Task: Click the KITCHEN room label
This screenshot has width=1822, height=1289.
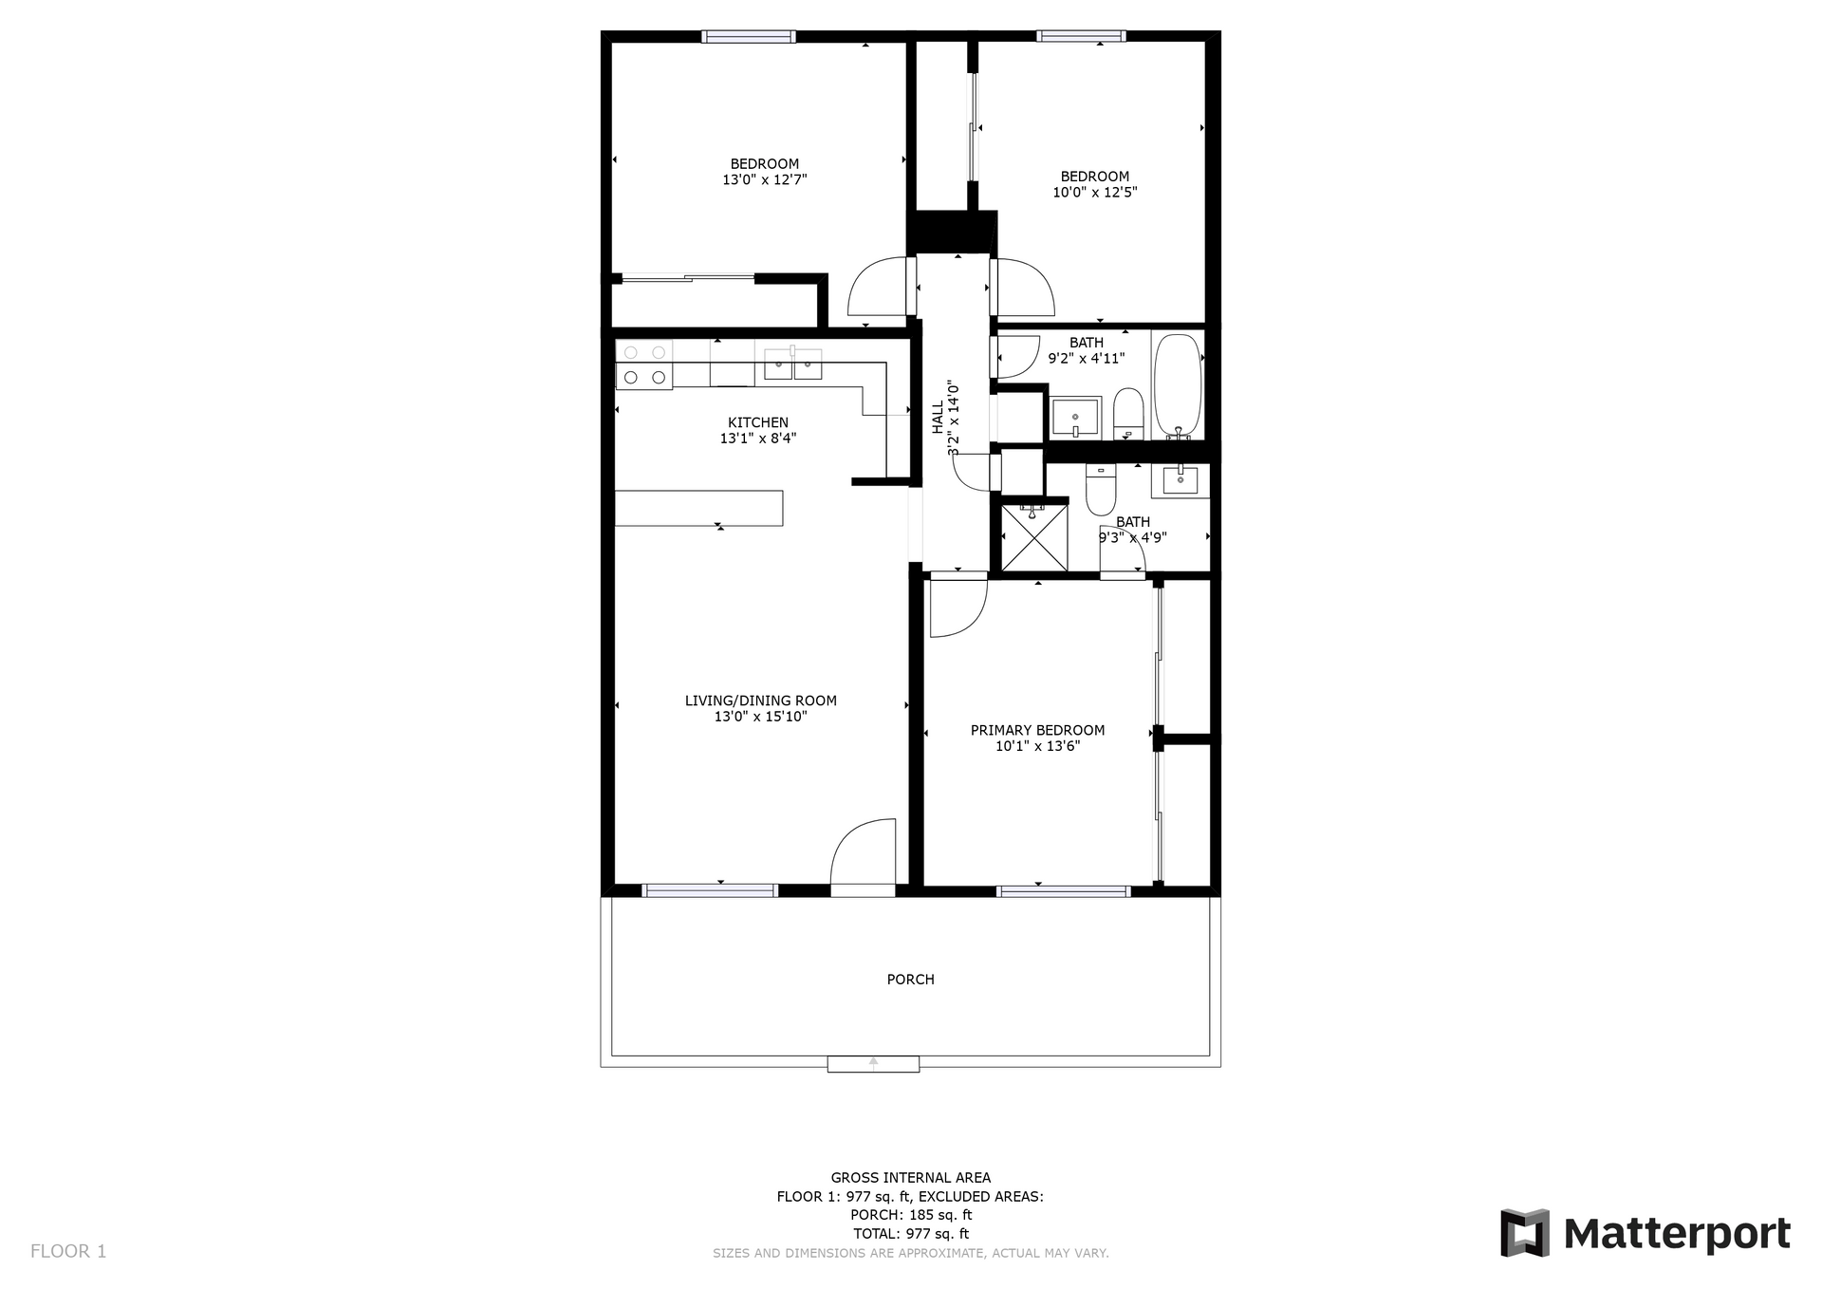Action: point(757,422)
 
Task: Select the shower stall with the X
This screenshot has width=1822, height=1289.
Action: point(1034,538)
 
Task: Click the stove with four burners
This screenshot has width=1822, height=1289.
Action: point(644,364)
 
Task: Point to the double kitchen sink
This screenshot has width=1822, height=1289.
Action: point(792,364)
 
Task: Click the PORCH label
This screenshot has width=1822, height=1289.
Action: point(910,979)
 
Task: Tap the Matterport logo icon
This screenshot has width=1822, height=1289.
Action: point(1524,1233)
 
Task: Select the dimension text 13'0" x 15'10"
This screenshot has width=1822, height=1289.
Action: point(760,717)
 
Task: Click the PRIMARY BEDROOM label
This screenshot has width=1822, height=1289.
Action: point(1037,730)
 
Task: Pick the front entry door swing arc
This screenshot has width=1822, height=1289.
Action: point(860,850)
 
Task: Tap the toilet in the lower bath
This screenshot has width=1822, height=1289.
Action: point(1101,490)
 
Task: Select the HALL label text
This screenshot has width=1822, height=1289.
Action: point(938,418)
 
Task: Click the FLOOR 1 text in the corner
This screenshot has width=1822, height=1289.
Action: point(68,1251)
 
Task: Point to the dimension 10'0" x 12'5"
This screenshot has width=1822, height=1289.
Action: point(1094,192)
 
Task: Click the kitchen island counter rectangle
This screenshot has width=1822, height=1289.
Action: point(698,508)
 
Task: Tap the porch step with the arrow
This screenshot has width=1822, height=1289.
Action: point(873,1063)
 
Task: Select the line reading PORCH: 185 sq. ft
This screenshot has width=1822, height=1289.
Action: point(910,1215)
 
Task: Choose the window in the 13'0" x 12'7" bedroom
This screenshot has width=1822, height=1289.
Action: point(748,37)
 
